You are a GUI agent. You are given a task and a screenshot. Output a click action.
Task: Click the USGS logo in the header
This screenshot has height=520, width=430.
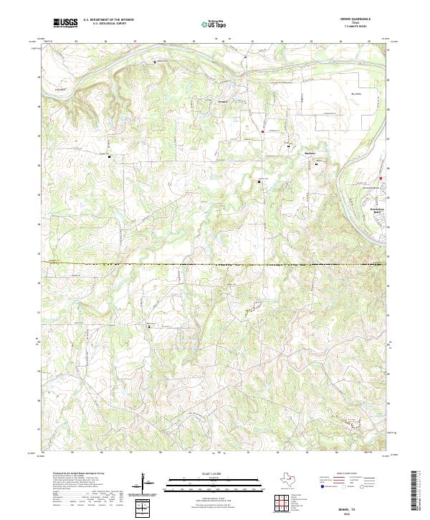coord(65,23)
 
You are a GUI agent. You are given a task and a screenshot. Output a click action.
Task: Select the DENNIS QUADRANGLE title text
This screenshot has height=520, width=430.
coord(360,20)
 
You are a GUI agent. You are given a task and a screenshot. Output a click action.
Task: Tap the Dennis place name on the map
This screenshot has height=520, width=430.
coord(223,101)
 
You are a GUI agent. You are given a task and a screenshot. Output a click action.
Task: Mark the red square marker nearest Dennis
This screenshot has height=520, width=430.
coord(262,131)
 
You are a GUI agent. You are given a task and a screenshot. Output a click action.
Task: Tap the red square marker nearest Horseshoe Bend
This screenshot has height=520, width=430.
coord(381,179)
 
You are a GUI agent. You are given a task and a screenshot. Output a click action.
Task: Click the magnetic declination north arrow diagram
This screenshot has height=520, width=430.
coord(147,484)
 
